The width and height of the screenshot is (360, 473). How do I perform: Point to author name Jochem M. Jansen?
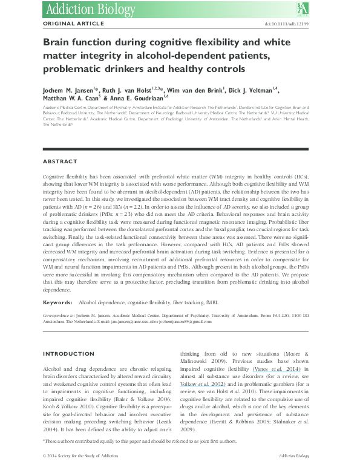70,88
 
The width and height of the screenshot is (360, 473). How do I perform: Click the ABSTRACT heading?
60,161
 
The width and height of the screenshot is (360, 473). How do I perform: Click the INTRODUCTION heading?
70,353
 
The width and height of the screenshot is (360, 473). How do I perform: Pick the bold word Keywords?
58,301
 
